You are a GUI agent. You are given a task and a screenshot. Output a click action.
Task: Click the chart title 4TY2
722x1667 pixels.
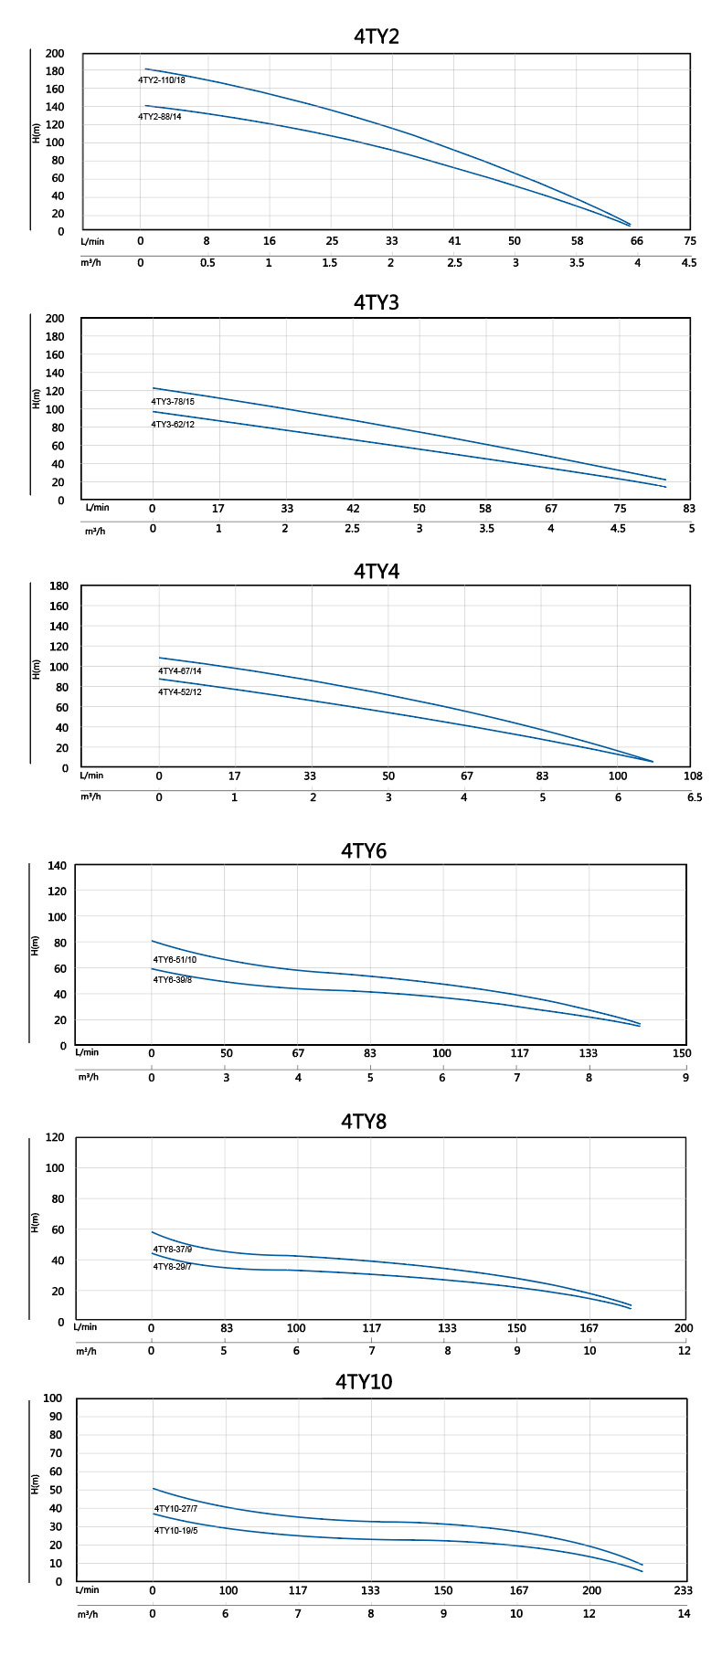[377, 37]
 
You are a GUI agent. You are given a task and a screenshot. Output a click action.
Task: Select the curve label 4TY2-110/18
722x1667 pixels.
[162, 80]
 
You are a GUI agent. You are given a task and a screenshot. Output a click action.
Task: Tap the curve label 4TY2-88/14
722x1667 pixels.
[160, 117]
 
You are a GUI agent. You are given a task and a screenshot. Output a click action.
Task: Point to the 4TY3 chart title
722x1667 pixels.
[377, 302]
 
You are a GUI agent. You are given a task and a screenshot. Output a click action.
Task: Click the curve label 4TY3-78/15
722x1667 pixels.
[173, 402]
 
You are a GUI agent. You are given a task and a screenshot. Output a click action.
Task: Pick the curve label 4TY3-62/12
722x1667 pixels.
[173, 425]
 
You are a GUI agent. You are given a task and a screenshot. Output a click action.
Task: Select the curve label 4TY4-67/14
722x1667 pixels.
[180, 671]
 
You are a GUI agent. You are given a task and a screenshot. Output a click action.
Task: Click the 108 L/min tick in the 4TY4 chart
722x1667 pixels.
[694, 776]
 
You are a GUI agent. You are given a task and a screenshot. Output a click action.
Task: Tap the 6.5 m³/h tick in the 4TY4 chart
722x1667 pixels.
[695, 797]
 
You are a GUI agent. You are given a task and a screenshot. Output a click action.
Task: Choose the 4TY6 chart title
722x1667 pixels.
[364, 850]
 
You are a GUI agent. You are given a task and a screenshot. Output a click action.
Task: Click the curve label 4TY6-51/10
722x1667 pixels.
[175, 960]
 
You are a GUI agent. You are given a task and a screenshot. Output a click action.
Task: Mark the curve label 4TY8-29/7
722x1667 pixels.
[172, 1267]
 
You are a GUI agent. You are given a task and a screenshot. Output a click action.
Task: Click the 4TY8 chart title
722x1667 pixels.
[364, 1121]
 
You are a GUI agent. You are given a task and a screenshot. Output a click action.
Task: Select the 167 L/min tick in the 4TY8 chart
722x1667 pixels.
[589, 1328]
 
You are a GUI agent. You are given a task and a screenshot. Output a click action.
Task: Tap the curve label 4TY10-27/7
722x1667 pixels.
[175, 1509]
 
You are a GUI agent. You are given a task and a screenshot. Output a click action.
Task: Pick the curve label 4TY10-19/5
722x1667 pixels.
[175, 1530]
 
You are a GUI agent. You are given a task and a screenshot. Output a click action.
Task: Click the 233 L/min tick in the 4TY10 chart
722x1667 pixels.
[683, 1590]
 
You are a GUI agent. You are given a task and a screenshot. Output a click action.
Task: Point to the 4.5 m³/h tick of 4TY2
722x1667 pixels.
[689, 263]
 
